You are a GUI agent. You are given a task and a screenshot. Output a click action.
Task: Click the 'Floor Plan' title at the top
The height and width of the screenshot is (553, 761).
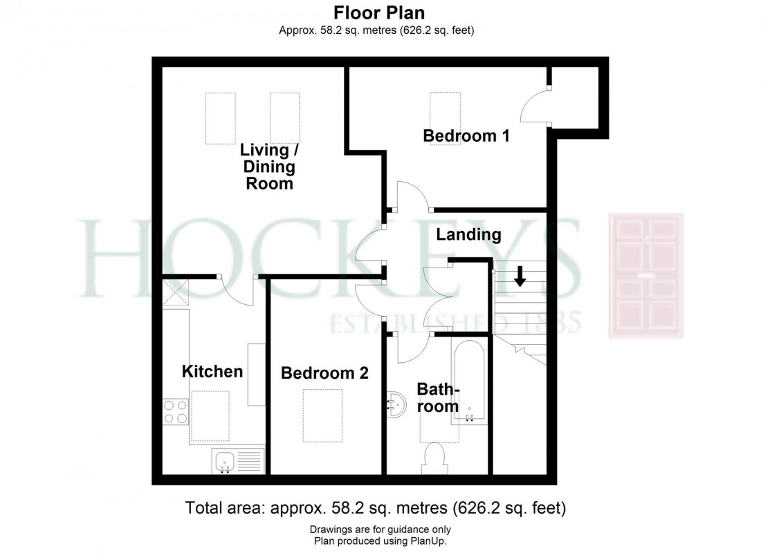click(x=379, y=12)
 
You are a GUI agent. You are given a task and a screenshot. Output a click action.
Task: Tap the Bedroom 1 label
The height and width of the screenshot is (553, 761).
click(x=466, y=135)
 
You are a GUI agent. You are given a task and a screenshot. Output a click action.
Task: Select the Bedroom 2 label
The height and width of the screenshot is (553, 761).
click(x=324, y=373)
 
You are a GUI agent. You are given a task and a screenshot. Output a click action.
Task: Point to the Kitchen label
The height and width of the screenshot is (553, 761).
click(x=212, y=371)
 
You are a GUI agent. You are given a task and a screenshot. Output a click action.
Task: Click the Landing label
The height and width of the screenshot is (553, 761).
click(x=468, y=234)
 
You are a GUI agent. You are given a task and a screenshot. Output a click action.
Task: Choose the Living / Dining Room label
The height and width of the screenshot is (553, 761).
click(x=267, y=167)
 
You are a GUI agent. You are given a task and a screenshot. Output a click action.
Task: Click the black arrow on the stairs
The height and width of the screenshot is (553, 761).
click(x=520, y=276)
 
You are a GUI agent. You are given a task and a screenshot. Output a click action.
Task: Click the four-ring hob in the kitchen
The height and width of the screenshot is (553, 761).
click(x=174, y=412)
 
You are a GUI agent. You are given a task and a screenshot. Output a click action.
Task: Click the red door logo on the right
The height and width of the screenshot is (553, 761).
click(x=645, y=275)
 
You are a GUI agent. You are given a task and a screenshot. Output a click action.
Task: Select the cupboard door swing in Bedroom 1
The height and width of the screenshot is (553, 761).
click(x=535, y=107)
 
